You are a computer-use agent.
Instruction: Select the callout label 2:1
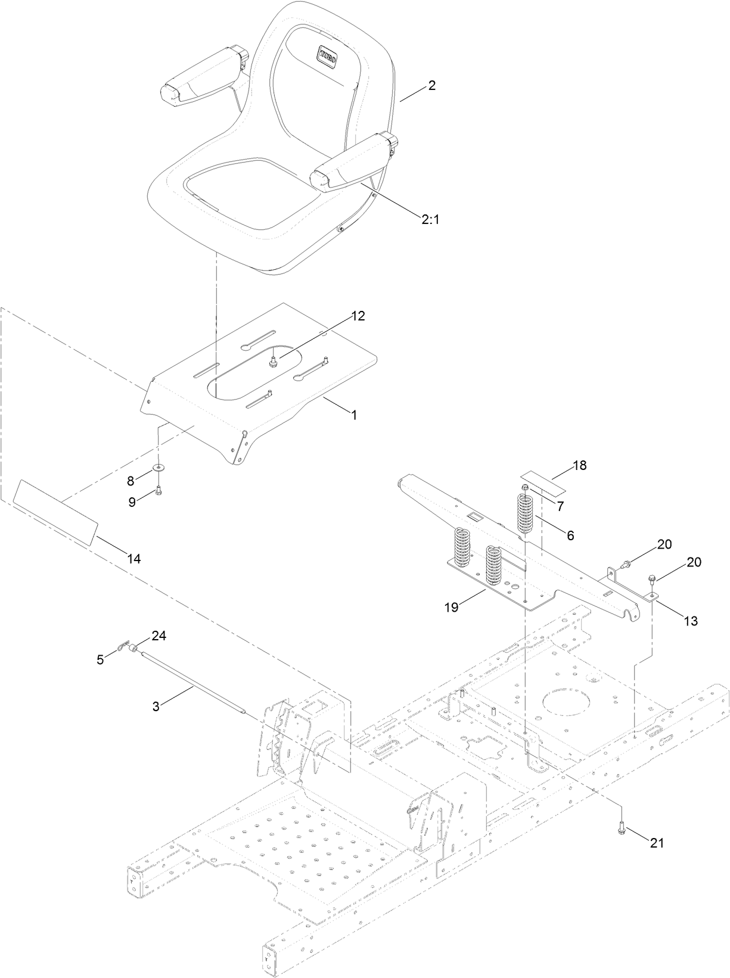(430, 219)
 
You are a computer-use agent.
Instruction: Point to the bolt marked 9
(158, 490)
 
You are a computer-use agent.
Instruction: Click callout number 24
(159, 636)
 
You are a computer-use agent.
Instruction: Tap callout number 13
(690, 621)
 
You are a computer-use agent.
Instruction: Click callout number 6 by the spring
(570, 535)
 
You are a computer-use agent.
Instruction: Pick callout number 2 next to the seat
(431, 86)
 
